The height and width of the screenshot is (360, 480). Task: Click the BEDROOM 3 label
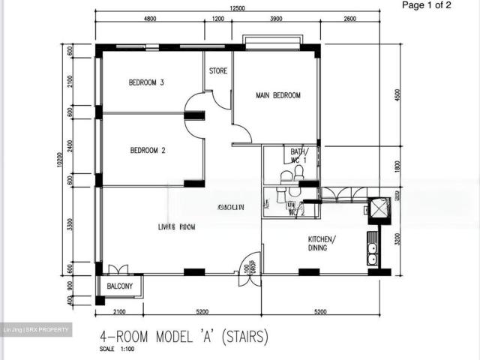tap(146, 83)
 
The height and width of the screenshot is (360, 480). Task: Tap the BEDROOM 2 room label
tap(148, 150)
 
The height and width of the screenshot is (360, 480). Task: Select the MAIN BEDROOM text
tap(277, 95)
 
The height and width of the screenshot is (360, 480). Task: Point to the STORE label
tap(217, 72)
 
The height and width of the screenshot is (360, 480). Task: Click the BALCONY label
tap(120, 286)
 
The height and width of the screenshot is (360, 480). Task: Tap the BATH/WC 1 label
tap(298, 156)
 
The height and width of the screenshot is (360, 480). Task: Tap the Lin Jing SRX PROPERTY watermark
tap(36, 329)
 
